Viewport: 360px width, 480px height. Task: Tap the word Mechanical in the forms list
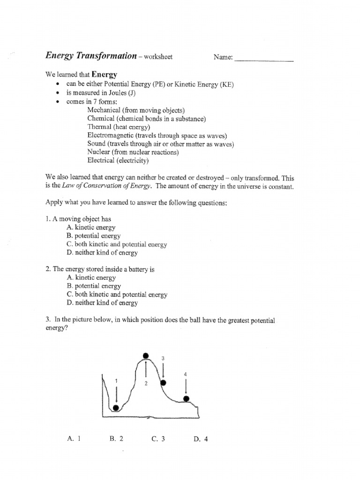click(104, 110)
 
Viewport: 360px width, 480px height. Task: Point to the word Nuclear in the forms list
click(99, 152)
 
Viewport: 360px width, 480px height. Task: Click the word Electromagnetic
click(111, 135)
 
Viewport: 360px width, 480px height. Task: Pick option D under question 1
click(102, 253)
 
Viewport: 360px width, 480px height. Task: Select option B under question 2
click(94, 285)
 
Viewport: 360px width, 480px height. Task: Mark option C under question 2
click(117, 294)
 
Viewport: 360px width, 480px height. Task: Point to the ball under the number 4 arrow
click(186, 399)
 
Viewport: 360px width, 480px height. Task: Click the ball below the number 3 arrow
click(163, 383)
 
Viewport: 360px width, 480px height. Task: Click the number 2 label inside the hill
click(146, 383)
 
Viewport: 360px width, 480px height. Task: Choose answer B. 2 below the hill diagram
click(116, 439)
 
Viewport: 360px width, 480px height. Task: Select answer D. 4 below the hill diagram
click(200, 439)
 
